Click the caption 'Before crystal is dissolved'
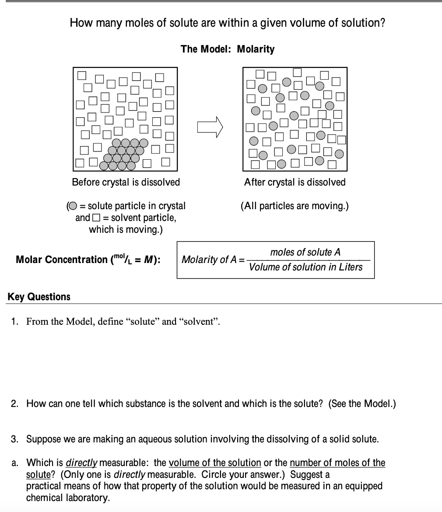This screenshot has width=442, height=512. tap(126, 182)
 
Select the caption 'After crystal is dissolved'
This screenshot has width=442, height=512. tap(295, 182)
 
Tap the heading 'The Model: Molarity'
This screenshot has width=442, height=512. tap(228, 49)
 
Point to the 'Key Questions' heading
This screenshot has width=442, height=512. tap(39, 297)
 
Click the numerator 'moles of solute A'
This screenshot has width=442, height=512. tap(305, 252)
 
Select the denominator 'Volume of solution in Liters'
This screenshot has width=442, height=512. tap(305, 267)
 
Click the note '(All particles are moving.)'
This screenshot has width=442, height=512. tap(295, 206)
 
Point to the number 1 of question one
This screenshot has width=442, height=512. tap(14, 322)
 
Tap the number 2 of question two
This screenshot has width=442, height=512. tap(14, 403)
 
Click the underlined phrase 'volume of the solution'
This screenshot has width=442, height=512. tap(214, 463)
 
